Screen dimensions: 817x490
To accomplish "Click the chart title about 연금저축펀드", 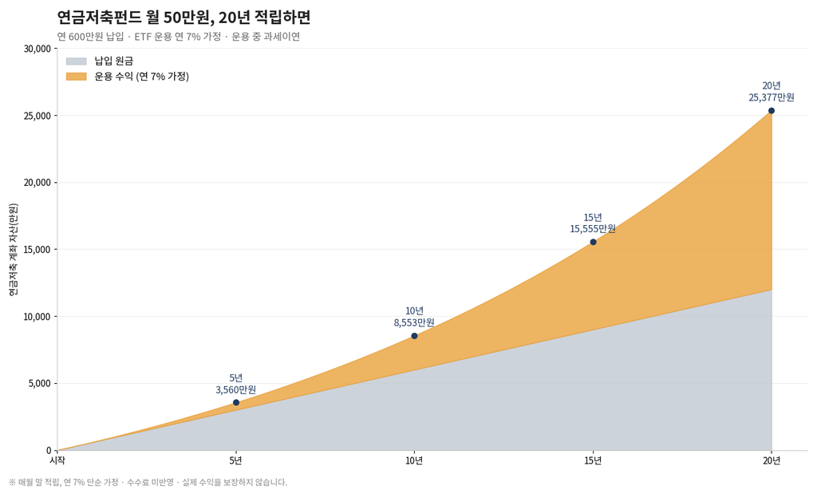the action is [184, 18].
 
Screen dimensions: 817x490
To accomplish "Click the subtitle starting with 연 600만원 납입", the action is [179, 37].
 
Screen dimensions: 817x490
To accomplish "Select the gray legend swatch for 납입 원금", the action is [76, 61].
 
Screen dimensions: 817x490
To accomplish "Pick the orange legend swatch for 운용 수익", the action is [76, 77].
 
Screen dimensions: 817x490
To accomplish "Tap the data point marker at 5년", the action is [236, 402].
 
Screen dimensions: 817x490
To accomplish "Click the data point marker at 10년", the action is [414, 336].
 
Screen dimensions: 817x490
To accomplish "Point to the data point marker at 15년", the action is [593, 242].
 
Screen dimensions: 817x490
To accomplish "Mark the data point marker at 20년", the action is [772, 110].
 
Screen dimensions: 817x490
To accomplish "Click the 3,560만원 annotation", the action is [236, 390].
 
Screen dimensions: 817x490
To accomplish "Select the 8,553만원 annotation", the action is [414, 322].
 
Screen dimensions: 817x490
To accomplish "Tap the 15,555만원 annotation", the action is [593, 229].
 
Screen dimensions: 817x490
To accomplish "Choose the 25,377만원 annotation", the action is [772, 97].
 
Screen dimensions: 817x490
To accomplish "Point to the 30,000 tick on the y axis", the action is [37, 49].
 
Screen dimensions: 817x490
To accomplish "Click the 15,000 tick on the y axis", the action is [37, 249].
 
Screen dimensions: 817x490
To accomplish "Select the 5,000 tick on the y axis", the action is [40, 383].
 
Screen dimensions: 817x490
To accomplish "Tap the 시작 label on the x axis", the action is [57, 460].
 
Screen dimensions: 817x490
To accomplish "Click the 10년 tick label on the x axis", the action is [414, 460].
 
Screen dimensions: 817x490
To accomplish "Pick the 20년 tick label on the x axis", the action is [772, 460].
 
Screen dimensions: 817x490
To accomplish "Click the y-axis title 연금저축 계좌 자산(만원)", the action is [14, 250].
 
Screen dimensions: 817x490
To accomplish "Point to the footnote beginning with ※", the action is [148, 482].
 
